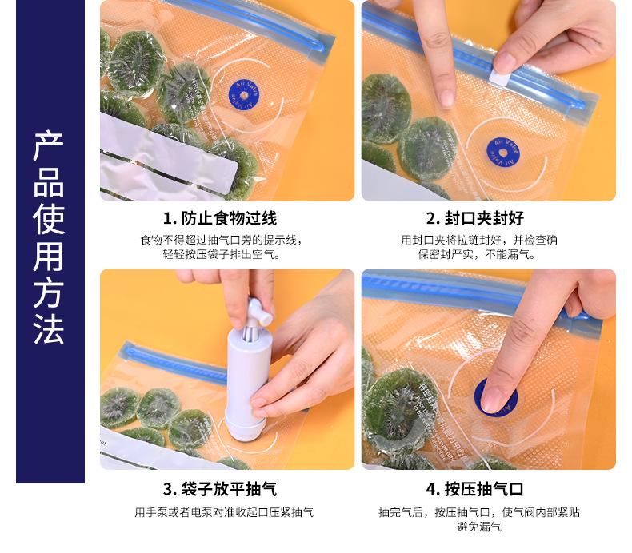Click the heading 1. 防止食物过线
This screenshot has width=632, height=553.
220,218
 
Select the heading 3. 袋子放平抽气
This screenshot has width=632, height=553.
220,488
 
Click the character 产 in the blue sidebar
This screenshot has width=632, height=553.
49,149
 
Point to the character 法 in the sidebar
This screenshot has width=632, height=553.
49,328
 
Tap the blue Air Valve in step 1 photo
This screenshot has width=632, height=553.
242,93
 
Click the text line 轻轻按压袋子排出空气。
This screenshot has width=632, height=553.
220,255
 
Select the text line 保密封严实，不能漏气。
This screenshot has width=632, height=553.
480,255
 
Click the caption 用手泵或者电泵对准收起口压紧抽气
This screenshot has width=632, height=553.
224,512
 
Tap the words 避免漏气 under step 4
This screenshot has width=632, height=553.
479,527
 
